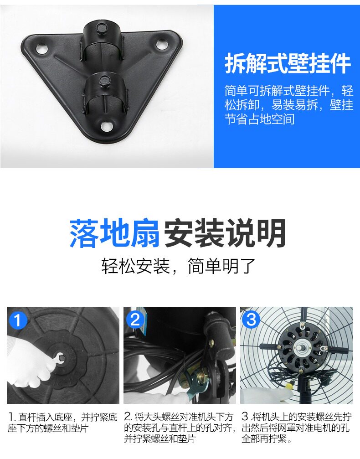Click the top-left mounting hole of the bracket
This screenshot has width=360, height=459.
click(41, 49)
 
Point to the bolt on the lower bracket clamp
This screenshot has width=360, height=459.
click(104, 80)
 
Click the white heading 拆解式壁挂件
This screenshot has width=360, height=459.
click(288, 63)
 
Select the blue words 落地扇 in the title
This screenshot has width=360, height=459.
click(115, 233)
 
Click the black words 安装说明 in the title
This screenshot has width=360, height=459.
click(225, 233)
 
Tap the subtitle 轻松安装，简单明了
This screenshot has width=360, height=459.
click(178, 266)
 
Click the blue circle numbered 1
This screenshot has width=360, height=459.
click(18, 320)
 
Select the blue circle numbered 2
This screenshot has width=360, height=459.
click(135, 320)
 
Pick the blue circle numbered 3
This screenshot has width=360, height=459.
click(251, 319)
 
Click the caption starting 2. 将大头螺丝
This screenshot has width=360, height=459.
click(180, 428)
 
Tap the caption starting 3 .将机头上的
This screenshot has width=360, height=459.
click(296, 428)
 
